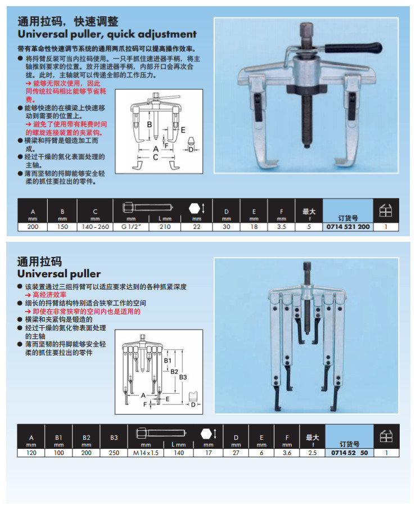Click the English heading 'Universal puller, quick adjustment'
(107, 34)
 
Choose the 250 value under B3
(114, 452)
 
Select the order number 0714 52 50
(349, 452)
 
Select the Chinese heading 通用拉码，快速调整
(68, 21)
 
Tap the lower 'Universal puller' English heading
(59, 274)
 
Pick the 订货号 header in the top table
(348, 217)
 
